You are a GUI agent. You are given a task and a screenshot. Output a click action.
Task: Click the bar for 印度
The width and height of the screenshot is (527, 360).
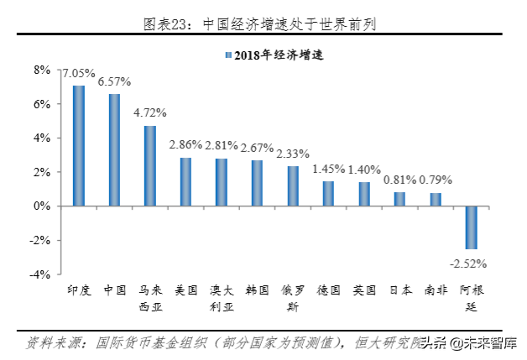coord(78,145)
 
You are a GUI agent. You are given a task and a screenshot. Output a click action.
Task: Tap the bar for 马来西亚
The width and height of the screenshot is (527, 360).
coord(150,165)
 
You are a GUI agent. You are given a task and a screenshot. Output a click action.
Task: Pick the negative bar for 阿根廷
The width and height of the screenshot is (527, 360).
coord(472,227)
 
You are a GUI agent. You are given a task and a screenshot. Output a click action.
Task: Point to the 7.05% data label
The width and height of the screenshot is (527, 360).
coord(76,74)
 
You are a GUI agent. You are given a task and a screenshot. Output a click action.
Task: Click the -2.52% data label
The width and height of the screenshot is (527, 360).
coord(469,263)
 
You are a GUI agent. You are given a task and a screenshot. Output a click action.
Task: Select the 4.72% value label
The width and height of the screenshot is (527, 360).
coord(151,112)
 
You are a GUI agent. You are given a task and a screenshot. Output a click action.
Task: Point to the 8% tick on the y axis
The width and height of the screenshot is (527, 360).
coord(43,70)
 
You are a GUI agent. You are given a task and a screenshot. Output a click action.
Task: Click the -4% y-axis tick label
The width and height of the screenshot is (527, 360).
coord(40,274)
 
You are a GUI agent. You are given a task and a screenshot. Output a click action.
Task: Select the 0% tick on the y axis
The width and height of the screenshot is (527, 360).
coord(43,206)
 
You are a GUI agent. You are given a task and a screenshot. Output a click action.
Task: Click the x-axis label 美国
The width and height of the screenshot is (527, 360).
coord(186,291)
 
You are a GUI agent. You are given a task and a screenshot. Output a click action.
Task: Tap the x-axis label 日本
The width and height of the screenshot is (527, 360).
coord(400,291)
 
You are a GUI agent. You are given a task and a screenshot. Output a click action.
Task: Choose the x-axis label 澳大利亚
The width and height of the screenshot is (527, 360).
coord(222,299)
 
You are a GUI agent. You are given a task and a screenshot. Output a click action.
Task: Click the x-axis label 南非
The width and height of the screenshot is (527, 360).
coord(436,291)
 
